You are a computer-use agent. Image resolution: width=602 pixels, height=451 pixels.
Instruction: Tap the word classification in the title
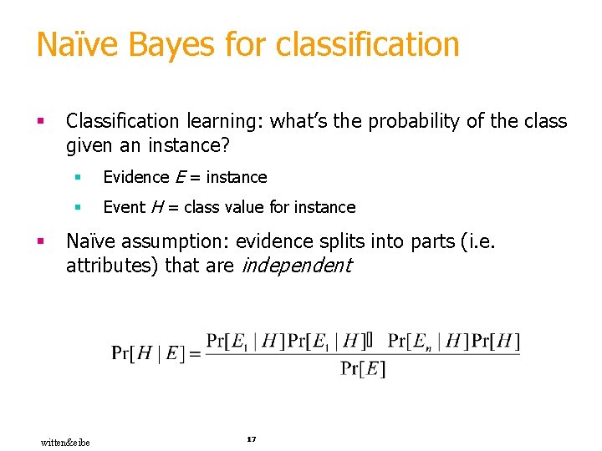pyautogui.click(x=366, y=44)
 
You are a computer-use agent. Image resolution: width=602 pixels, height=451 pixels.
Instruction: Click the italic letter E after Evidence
pyautogui.click(x=180, y=177)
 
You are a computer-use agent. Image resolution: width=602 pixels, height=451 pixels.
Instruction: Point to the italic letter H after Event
pyautogui.click(x=156, y=207)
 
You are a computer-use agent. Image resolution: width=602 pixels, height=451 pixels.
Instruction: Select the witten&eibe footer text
pyautogui.click(x=65, y=442)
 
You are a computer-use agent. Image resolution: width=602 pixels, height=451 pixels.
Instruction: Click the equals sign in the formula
pyautogui.click(x=195, y=354)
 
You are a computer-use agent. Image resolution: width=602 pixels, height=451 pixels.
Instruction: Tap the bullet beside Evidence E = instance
pyautogui.click(x=77, y=177)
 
